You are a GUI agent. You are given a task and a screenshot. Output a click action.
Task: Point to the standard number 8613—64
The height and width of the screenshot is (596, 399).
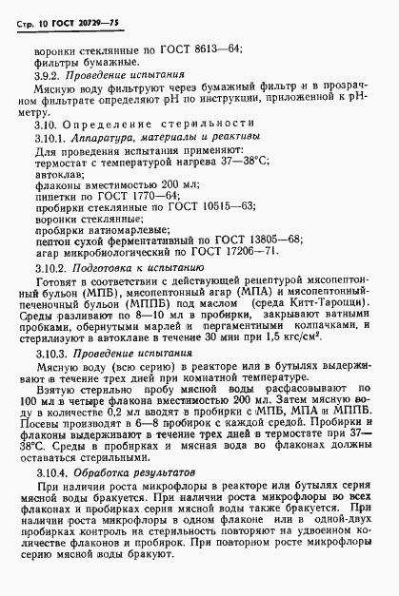point(213,48)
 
